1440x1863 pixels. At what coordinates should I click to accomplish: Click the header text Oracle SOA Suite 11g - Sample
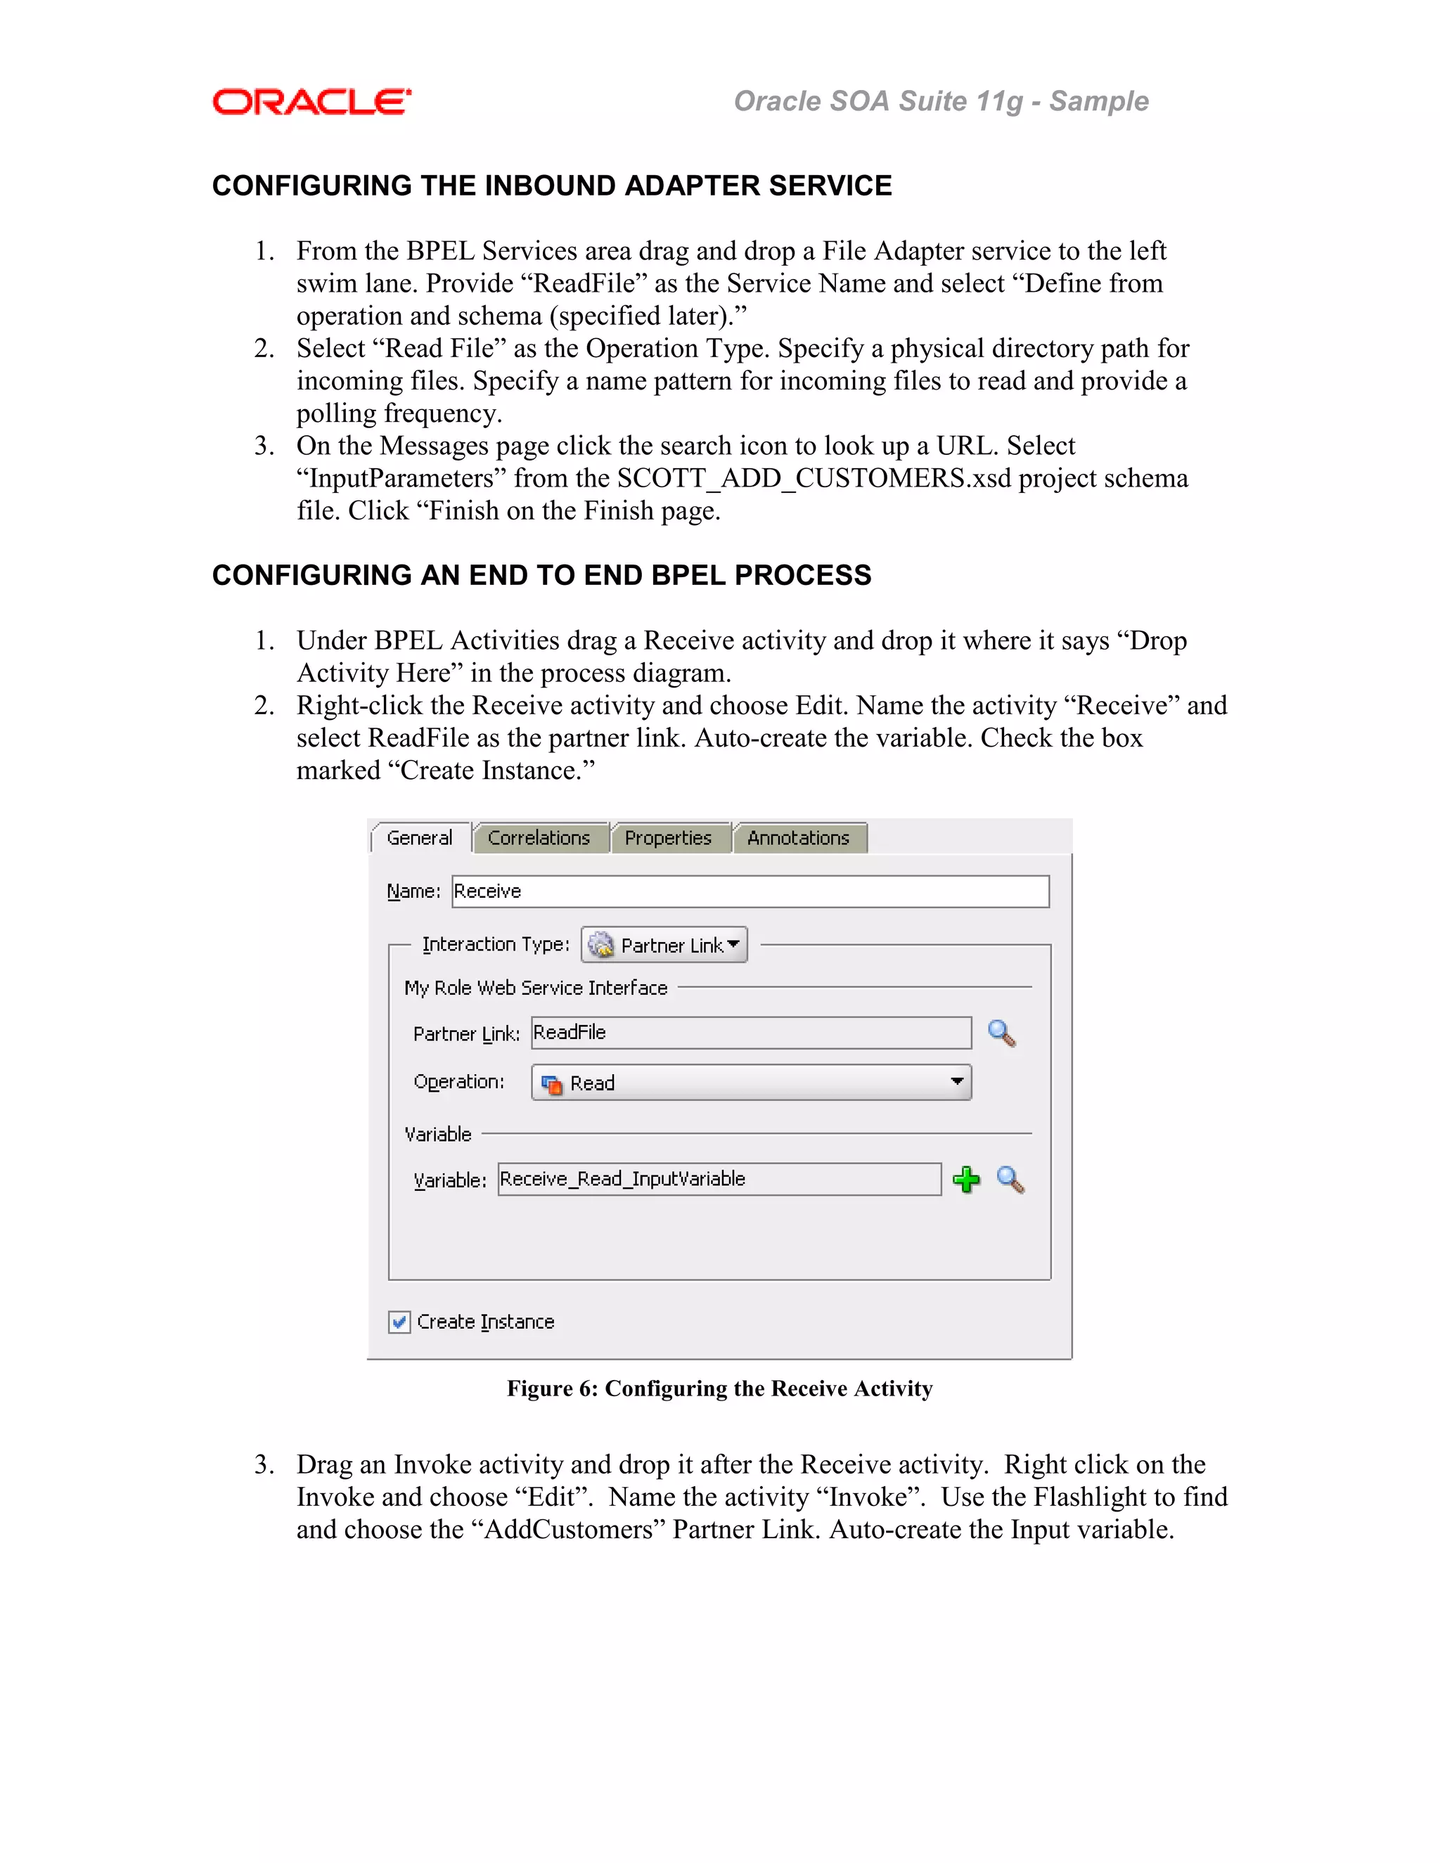940,101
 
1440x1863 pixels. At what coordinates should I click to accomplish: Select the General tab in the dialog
419,838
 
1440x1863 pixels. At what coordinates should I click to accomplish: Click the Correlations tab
539,838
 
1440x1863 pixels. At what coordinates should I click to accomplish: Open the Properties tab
668,838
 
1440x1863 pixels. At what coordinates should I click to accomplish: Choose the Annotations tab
799,838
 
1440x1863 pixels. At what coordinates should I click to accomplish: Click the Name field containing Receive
749,891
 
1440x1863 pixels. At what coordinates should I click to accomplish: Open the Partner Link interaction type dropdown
664,945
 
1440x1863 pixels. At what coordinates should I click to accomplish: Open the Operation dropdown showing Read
751,1083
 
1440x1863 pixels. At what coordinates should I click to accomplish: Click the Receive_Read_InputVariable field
719,1179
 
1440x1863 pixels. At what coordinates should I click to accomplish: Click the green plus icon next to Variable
965,1180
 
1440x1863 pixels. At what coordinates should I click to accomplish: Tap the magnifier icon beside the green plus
1011,1180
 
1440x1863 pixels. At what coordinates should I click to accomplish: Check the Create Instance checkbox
399,1322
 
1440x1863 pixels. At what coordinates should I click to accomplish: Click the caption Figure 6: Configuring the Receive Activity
719,1388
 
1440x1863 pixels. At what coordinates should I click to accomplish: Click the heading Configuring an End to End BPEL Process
541,575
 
